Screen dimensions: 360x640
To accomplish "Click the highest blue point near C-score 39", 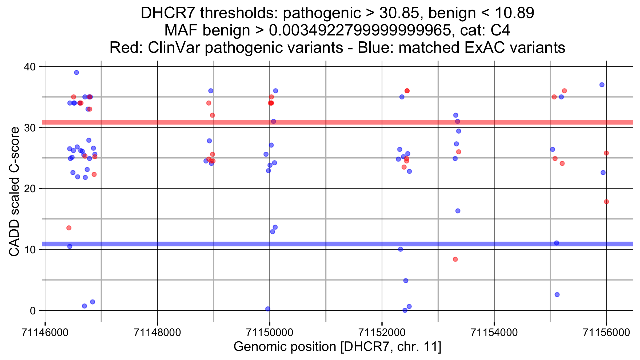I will pos(77,73).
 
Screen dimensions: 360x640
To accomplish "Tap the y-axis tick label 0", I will pos(33,311).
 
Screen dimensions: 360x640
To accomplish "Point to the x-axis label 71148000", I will pos(157,333).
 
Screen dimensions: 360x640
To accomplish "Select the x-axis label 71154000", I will pos(494,333).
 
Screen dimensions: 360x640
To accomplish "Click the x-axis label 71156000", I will pos(606,333).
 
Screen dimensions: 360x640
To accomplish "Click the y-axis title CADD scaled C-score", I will pos(14,191).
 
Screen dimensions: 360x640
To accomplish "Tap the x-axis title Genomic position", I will pos(285,347).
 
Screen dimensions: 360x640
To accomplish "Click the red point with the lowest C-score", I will pos(455,259).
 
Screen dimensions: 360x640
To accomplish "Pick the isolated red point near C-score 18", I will pos(606,202).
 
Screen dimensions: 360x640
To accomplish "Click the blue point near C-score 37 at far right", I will pos(602,85).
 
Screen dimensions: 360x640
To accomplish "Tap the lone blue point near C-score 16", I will pos(458,211).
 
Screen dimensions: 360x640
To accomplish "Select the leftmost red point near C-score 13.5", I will pos(69,228).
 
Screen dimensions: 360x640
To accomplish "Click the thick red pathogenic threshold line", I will pos(320,122).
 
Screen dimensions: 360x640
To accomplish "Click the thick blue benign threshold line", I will pos(320,244).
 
